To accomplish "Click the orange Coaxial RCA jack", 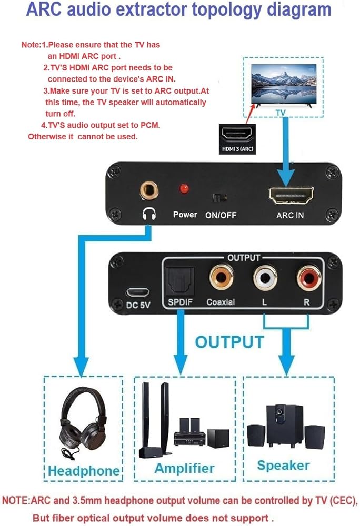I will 221,277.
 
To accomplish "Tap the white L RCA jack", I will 265,277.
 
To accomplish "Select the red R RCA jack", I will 309,277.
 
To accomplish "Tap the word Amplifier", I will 184,468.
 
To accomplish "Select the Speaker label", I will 283,466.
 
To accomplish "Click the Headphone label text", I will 84,470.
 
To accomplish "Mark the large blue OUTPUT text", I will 229,342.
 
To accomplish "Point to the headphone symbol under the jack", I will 149,214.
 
